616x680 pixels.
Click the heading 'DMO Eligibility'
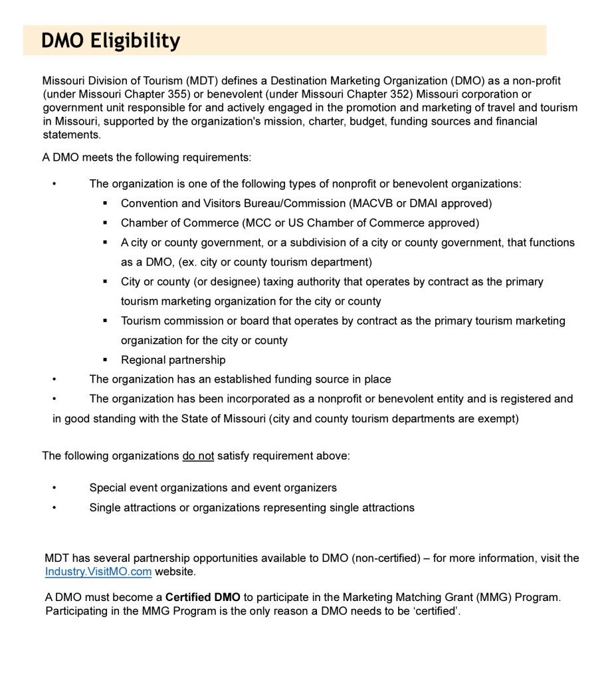(x=110, y=41)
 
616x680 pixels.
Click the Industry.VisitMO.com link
(x=98, y=571)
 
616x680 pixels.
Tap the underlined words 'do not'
(x=198, y=456)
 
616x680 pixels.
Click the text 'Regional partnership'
(x=173, y=360)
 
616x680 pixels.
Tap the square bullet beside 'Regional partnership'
(x=105, y=360)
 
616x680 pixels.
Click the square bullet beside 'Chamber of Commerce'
(x=105, y=223)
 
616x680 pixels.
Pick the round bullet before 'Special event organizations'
(x=54, y=488)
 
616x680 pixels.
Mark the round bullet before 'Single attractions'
(x=54, y=508)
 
